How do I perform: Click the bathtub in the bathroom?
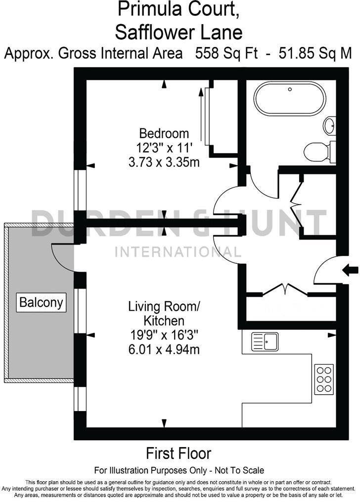pos(290,98)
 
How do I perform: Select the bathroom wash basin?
pos(330,125)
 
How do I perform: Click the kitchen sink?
pos(265,340)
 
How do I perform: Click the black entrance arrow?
pos(351,270)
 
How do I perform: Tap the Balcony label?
pos(42,302)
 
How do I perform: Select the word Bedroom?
pos(164,133)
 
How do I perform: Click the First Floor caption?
pos(179,453)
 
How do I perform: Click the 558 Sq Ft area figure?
pos(226,53)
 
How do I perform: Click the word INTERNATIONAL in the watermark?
pos(178,252)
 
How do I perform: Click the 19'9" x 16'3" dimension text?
pos(164,335)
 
